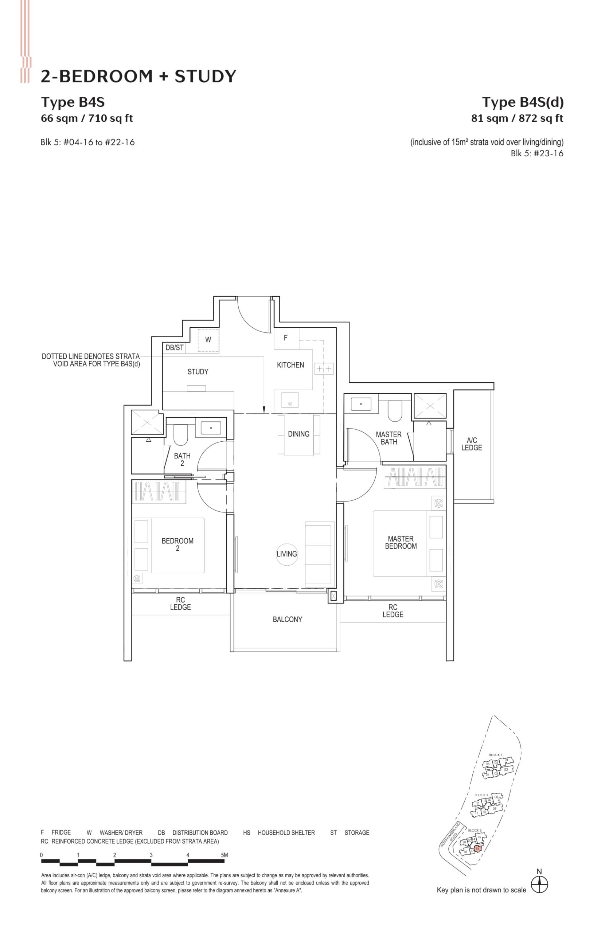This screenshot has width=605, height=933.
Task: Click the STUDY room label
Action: [198, 372]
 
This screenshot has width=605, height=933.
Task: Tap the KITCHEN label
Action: [290, 365]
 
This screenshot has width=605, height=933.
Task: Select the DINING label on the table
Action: [298, 434]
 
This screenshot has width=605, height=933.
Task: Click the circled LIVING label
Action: [286, 554]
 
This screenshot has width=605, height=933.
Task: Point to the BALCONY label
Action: [288, 619]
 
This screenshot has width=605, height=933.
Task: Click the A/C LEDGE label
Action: [471, 444]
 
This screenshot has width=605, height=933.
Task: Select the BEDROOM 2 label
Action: [177, 544]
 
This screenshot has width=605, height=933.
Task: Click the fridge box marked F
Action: [286, 337]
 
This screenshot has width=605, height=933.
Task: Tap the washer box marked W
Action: [208, 340]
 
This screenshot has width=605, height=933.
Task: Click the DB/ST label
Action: [175, 347]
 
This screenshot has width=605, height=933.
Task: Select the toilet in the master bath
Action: [395, 411]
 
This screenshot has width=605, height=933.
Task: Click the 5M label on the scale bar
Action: [224, 855]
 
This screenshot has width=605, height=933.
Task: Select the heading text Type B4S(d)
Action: [523, 102]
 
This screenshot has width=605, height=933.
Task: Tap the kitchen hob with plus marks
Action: [324, 369]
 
